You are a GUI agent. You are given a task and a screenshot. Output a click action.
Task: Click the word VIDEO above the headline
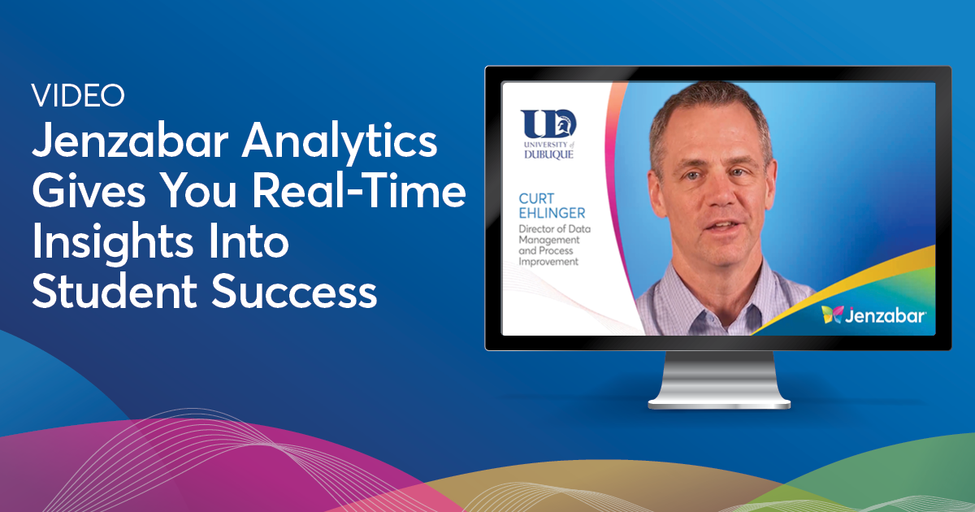pos(79,96)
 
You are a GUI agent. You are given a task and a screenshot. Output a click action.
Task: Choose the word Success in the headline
pos(297,293)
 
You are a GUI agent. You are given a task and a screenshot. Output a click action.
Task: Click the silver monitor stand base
pos(718,401)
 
